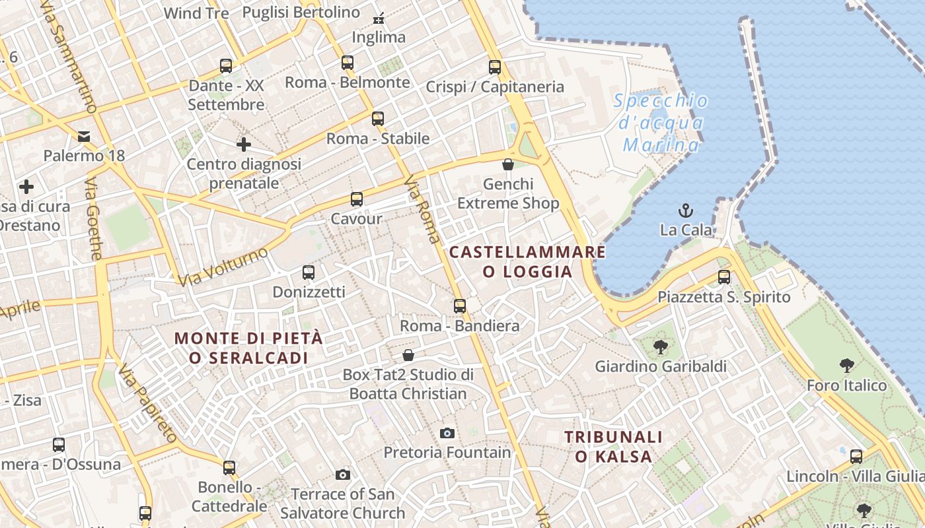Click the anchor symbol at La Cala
click(686, 211)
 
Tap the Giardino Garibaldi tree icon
click(660, 347)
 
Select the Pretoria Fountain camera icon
click(447, 434)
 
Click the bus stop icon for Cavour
click(357, 199)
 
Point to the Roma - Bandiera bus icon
click(460, 306)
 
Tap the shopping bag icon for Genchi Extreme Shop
click(508, 164)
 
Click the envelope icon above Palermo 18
click(84, 137)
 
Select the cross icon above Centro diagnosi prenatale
click(244, 144)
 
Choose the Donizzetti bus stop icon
click(308, 272)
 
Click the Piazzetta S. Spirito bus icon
click(724, 277)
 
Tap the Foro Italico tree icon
click(846, 366)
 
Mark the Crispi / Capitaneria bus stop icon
click(495, 67)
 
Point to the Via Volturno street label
click(223, 266)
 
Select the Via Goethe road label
click(94, 218)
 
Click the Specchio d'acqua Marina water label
click(661, 123)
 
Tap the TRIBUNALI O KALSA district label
click(613, 446)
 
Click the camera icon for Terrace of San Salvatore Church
click(342, 475)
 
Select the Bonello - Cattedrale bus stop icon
click(229, 468)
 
